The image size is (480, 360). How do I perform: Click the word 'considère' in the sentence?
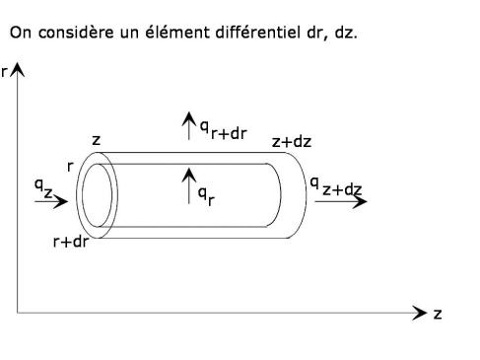point(76,33)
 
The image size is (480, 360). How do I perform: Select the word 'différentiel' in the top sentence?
point(258,33)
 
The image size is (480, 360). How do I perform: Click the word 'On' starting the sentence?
point(21,33)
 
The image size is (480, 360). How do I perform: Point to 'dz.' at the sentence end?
point(346,33)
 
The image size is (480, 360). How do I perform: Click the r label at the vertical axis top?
point(4,72)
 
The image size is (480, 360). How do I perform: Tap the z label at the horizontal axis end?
point(438,314)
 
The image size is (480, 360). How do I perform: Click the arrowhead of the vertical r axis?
point(17,69)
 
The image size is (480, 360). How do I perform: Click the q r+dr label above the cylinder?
point(224,130)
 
